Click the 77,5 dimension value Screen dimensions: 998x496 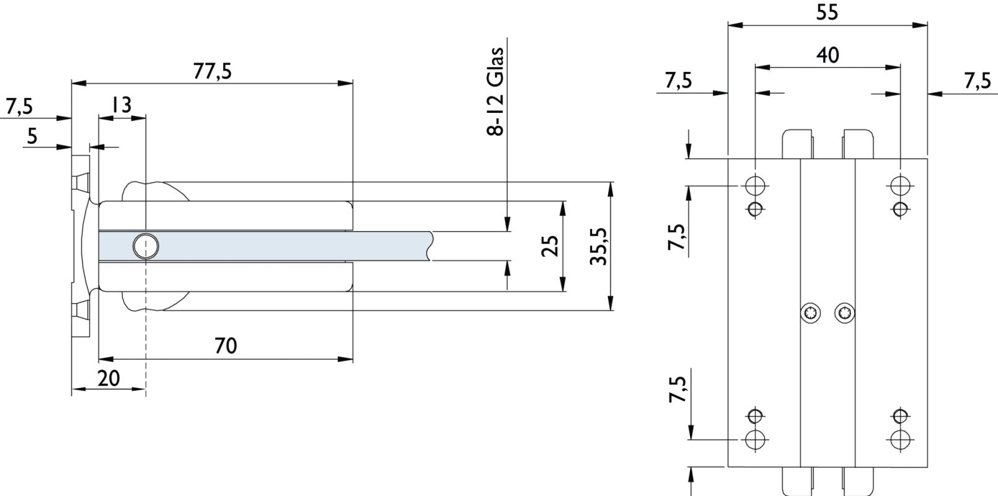[213, 71]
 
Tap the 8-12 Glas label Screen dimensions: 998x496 [495, 91]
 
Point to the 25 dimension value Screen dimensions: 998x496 [550, 246]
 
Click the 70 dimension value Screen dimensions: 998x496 [226, 346]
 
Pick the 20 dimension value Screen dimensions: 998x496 [108, 378]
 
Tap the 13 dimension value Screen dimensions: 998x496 [121, 105]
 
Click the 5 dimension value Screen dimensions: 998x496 [32, 136]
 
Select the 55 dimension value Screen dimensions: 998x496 [828, 12]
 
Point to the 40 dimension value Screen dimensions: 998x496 [828, 55]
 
